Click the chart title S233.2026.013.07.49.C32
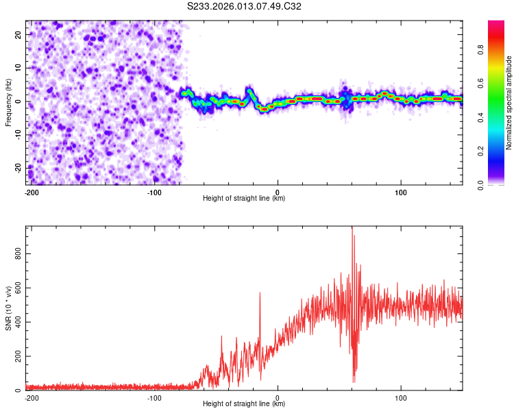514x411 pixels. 245,6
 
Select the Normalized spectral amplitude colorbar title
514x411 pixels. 509,103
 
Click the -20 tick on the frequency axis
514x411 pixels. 18,169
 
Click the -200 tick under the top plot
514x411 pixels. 32,192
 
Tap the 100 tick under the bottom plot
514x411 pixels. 401,397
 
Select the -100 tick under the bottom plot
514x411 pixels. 154,397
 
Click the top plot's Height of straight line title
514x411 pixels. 244,199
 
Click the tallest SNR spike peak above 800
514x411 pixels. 352,228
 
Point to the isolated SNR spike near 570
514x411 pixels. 260,293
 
